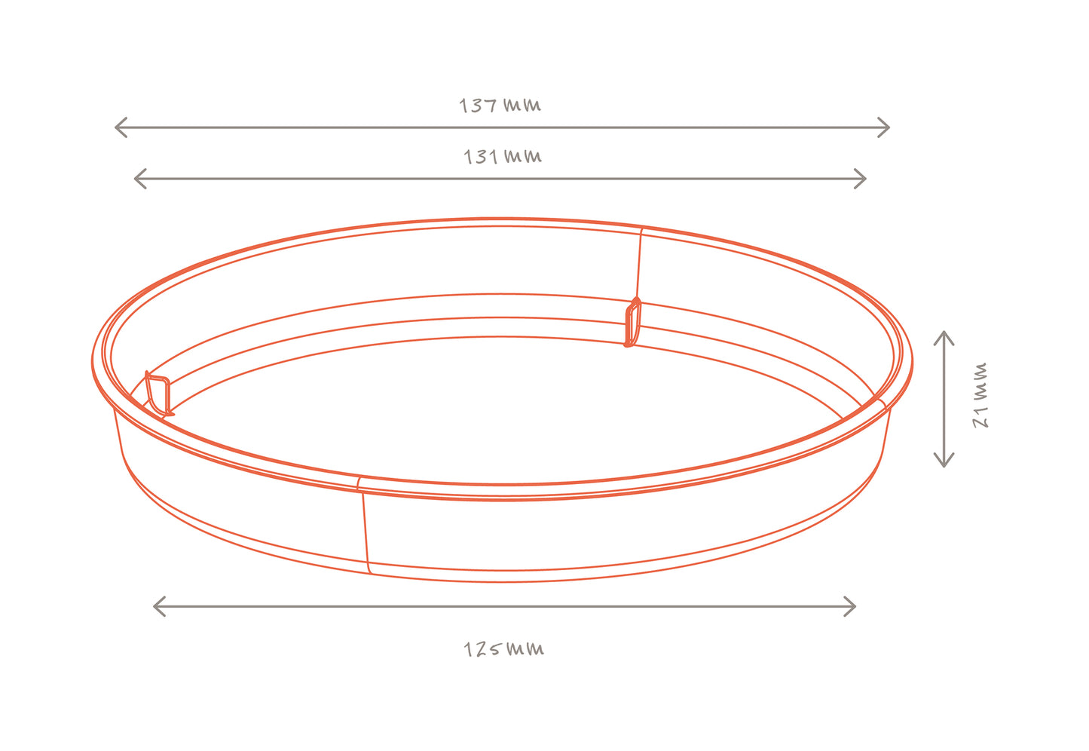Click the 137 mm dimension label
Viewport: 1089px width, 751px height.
[x=500, y=105]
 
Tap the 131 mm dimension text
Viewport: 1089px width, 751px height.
[x=503, y=156]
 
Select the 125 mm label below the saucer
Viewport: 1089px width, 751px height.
[x=503, y=649]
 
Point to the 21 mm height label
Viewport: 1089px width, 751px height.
[x=980, y=395]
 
